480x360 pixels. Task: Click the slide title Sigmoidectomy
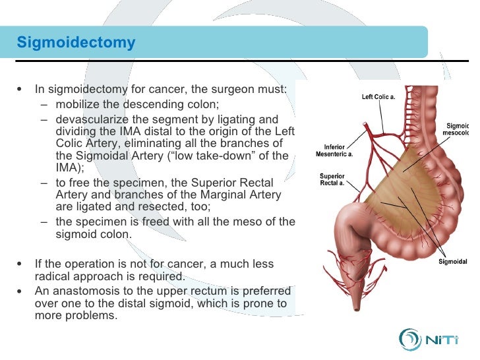tap(76, 43)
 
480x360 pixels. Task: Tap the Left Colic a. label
tap(378, 97)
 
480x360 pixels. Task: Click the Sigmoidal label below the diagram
tap(453, 262)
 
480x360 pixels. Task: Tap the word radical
tap(53, 276)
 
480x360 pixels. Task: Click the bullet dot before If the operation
tap(23, 264)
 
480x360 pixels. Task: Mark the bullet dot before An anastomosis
tap(23, 291)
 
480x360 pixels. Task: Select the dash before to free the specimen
tap(44, 182)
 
